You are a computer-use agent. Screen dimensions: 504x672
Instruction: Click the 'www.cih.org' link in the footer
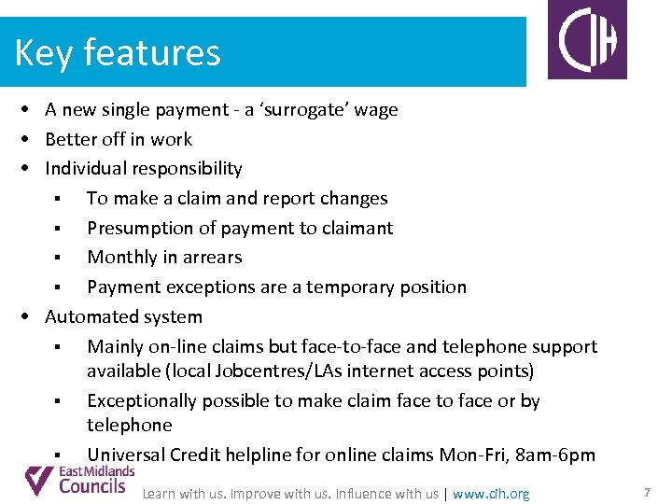coord(491,494)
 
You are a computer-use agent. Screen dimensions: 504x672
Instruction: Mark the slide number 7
coord(647,492)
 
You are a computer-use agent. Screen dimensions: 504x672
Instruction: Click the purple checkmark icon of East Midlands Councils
coord(39,480)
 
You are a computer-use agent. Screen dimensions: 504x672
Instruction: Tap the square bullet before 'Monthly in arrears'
coord(58,259)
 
